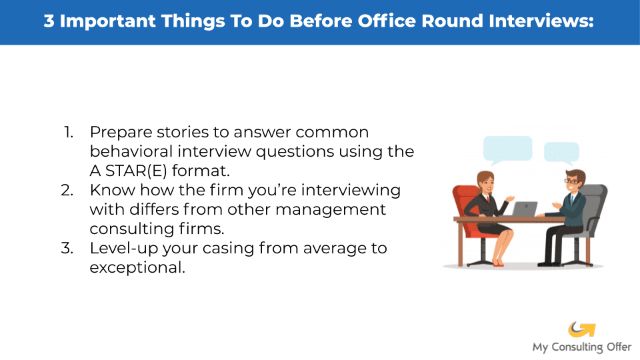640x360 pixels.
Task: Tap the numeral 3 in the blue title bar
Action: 49,21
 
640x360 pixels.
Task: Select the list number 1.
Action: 69,132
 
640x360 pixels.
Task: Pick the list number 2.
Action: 67,190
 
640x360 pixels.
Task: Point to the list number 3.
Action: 67,248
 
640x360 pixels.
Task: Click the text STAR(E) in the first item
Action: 136,171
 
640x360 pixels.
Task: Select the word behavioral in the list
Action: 131,151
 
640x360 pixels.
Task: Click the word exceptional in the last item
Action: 137,268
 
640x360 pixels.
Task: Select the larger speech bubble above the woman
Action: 507,150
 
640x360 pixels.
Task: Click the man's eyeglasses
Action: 571,181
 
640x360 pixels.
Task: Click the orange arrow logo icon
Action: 581,329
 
